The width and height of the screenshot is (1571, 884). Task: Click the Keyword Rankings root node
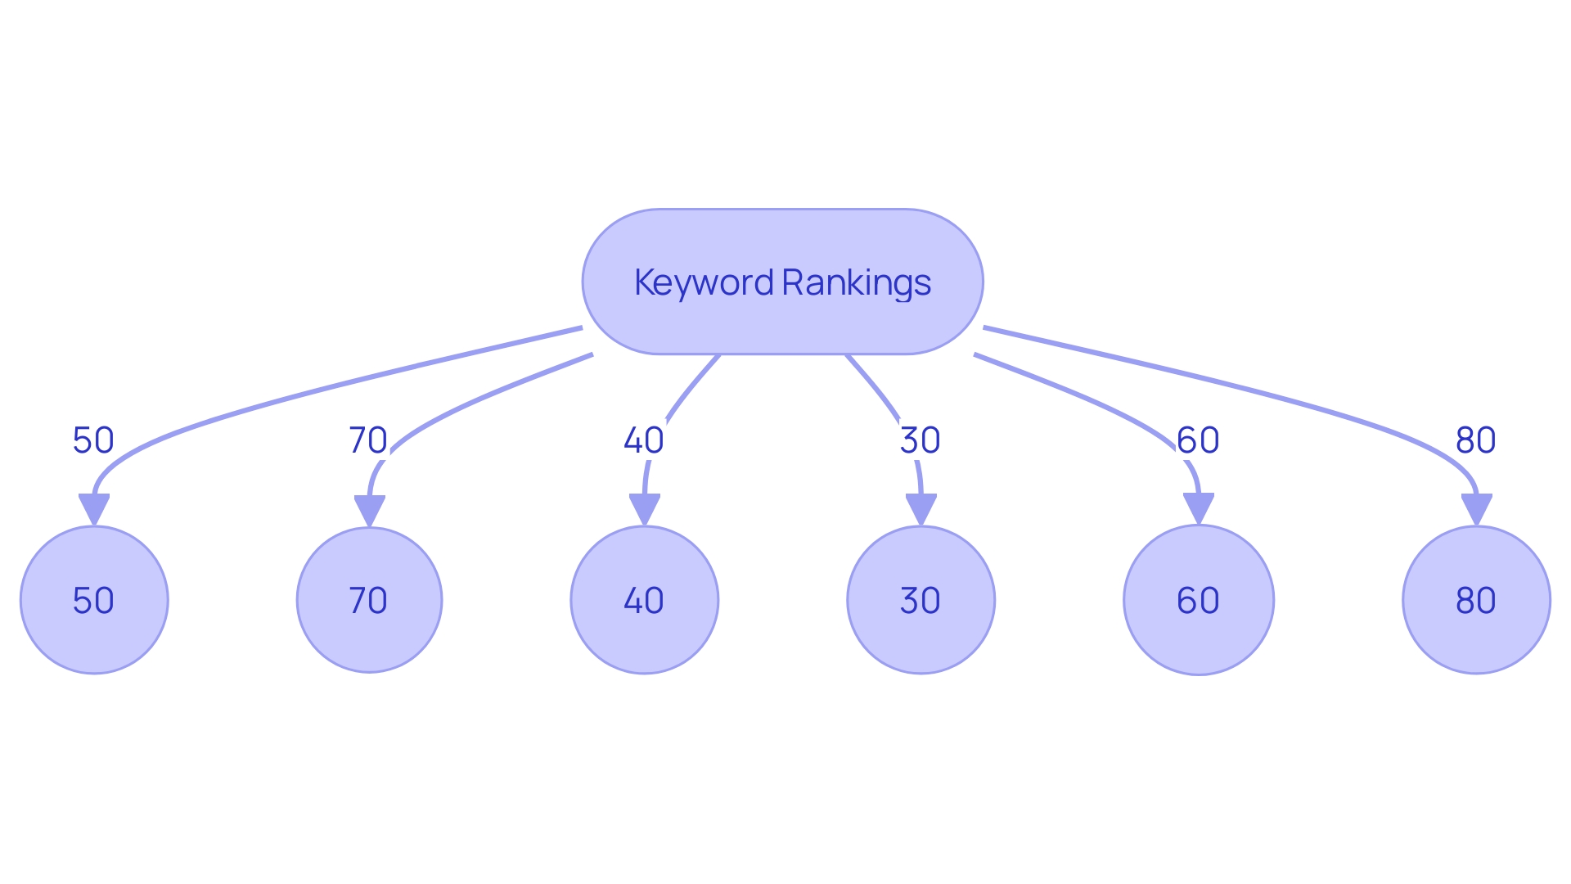pos(782,246)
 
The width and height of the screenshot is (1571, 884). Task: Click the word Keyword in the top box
pos(704,282)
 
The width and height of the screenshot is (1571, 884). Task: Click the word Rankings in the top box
pos(856,282)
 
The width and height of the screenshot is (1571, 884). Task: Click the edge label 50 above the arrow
pos(93,440)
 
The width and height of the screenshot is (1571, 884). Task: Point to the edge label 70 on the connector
pos(368,440)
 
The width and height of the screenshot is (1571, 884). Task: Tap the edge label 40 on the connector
pos(644,440)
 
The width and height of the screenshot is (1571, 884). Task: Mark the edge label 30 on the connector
pos(920,440)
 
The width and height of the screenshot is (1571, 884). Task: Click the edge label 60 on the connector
pos(1198,440)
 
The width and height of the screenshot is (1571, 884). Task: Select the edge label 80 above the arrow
pos(1475,440)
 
